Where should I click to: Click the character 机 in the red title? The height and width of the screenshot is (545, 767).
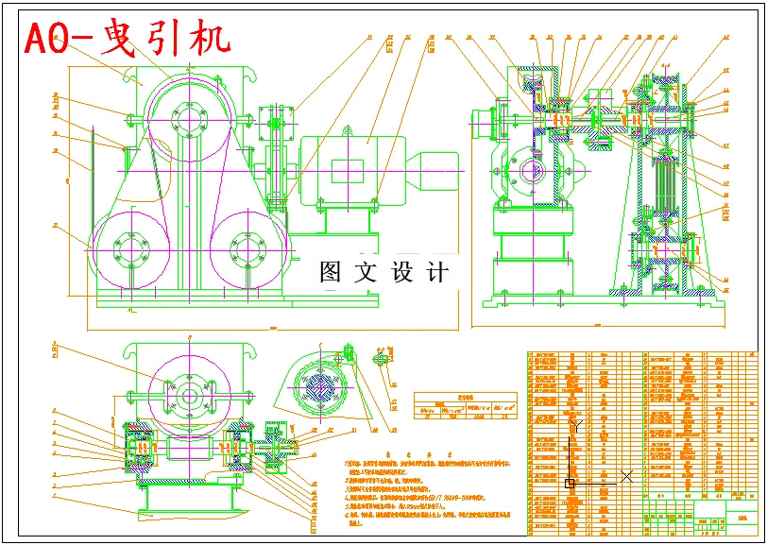point(207,39)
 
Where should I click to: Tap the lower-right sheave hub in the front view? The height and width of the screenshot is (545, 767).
point(246,250)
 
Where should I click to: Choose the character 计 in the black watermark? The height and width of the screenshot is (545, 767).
point(437,273)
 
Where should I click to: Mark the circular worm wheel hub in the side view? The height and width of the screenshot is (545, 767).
point(527,175)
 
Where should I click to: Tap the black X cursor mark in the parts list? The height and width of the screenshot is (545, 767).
point(625,475)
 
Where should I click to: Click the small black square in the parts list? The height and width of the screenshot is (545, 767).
point(570,483)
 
